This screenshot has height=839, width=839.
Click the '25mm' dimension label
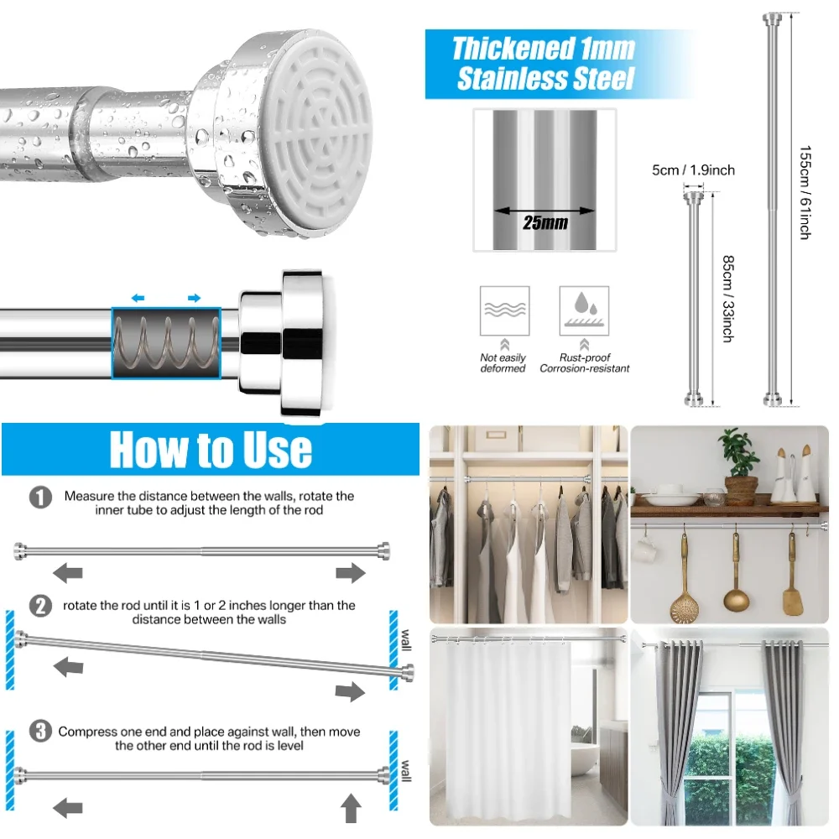pos(545,223)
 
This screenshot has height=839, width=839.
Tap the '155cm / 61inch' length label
pos(805,193)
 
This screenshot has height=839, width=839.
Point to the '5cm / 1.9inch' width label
pos(693,170)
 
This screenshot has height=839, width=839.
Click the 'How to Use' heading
pos(210,450)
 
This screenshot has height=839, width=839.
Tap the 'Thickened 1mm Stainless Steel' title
pos(544,64)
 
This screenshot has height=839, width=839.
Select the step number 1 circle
pos(40,498)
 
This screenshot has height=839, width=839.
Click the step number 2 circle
pos(40,606)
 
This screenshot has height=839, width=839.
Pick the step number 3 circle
pos(39,732)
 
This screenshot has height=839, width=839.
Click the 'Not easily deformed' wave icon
pos(504,310)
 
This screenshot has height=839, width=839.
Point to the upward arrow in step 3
pos(352,809)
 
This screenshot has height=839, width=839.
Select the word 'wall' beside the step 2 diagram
pos(406,638)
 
